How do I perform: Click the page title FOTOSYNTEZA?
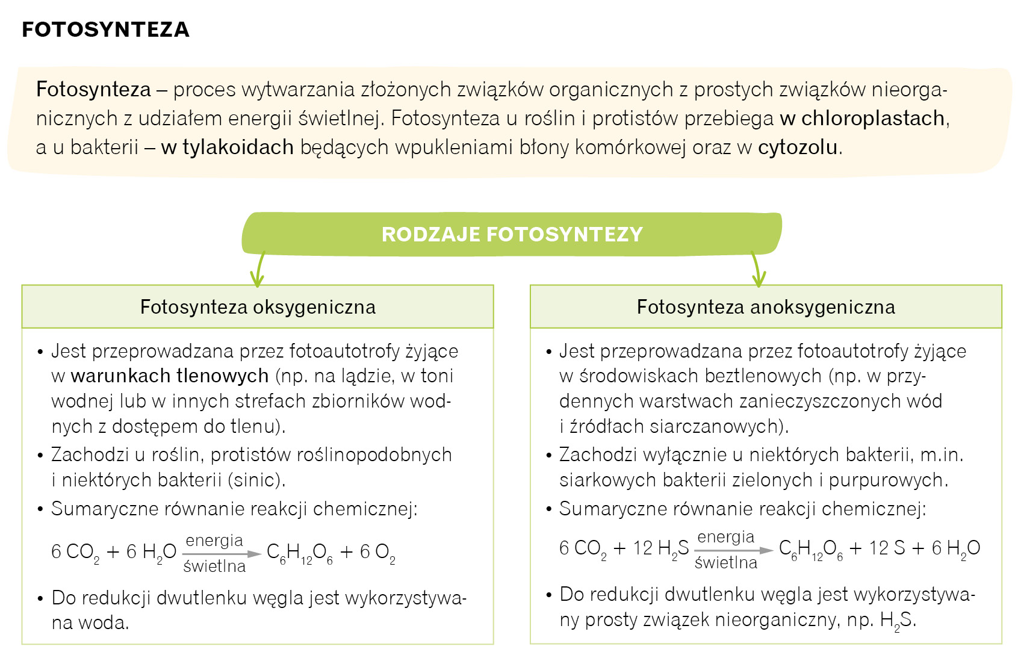coord(105,29)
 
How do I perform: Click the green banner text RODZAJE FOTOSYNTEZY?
coord(512,234)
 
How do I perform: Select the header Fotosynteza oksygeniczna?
coord(258,307)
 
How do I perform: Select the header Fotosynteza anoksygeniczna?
coord(766,307)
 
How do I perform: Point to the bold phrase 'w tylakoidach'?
coord(227,147)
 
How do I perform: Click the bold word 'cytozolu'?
coord(798,147)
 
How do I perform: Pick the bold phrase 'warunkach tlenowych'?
coord(170,376)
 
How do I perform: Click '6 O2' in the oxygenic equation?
coord(377,553)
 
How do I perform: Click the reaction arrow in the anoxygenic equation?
coord(733,550)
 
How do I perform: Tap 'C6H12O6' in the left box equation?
coord(299,553)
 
